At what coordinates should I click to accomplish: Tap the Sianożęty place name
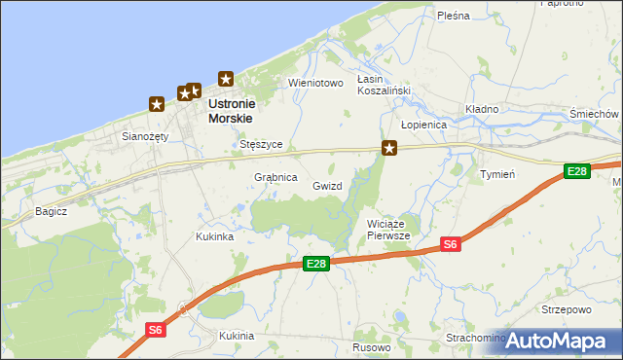pyautogui.click(x=145, y=137)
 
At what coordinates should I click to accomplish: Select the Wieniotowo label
pyautogui.click(x=316, y=84)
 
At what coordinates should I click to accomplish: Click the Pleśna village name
pyautogui.click(x=454, y=16)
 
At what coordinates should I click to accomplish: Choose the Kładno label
pyautogui.click(x=482, y=109)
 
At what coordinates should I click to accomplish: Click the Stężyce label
pyautogui.click(x=261, y=144)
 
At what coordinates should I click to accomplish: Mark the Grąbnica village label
pyautogui.click(x=275, y=178)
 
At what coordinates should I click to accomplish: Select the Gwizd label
pyautogui.click(x=327, y=185)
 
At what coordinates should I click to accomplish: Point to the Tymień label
pyautogui.click(x=497, y=174)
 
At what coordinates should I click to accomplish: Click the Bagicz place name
pyautogui.click(x=51, y=210)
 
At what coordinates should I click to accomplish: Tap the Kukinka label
pyautogui.click(x=214, y=236)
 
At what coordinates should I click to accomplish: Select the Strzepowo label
pyautogui.click(x=567, y=309)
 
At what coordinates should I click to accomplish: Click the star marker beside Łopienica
pyautogui.click(x=389, y=149)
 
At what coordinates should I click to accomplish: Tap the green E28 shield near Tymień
pyautogui.click(x=577, y=172)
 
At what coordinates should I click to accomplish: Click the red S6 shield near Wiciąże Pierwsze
pyautogui.click(x=450, y=244)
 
